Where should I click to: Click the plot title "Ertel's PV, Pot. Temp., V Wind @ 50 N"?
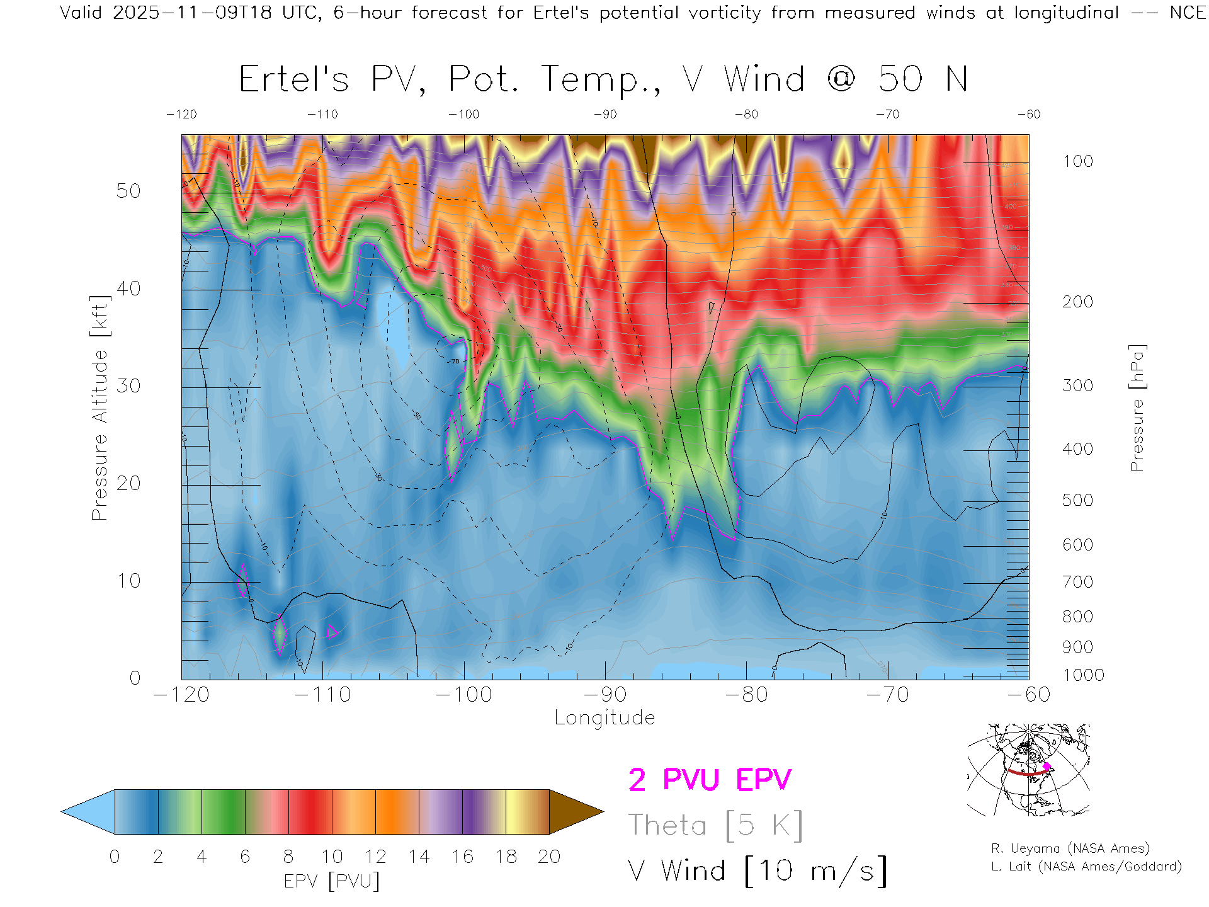[x=603, y=80]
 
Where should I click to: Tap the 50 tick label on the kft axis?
[x=128, y=191]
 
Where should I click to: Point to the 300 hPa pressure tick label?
[x=1077, y=385]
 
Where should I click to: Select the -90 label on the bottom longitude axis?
[x=605, y=695]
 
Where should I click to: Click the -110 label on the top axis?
[x=322, y=114]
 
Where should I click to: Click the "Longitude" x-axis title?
[x=604, y=718]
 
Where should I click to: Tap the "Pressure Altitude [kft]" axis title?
[x=99, y=408]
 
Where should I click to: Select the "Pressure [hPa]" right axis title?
[x=1137, y=408]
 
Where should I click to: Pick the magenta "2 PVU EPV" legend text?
[x=710, y=780]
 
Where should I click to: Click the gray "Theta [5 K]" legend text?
[x=715, y=825]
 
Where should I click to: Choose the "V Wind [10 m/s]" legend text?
[x=758, y=871]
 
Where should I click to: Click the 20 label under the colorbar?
[x=549, y=857]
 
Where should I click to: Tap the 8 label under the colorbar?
[x=288, y=857]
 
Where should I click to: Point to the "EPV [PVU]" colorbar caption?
[x=332, y=881]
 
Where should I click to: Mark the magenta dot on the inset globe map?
[x=1047, y=767]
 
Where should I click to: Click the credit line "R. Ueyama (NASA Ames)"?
[x=1070, y=848]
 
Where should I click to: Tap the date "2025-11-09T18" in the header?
[x=192, y=13]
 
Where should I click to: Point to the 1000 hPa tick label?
[x=1083, y=675]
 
